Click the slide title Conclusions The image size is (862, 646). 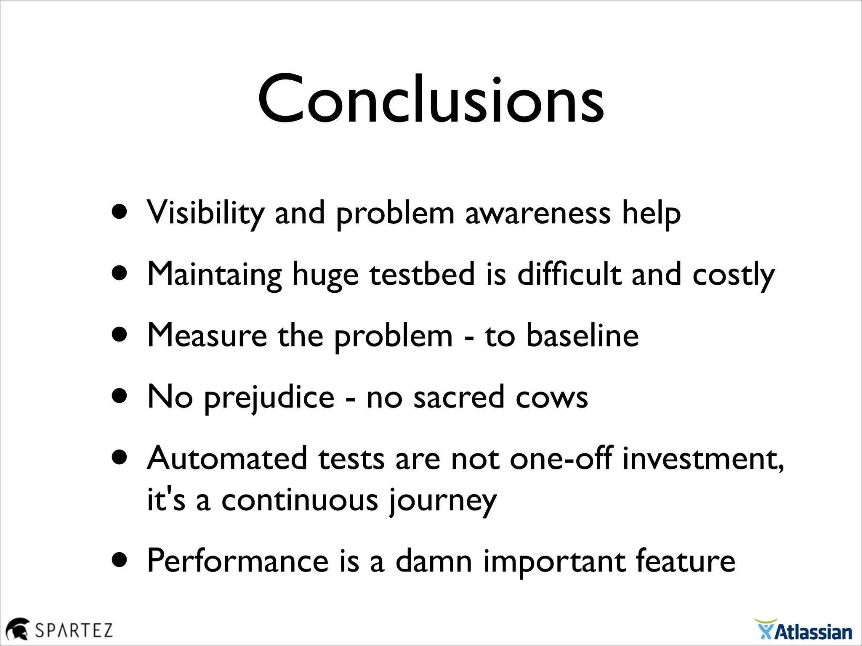tap(431, 99)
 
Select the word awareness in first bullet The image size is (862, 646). tap(537, 213)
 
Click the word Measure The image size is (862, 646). tap(207, 336)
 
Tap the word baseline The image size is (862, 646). tap(582, 336)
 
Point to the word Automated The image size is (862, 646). tap(227, 458)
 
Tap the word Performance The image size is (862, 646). tap(238, 561)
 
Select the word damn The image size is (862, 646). tap(434, 561)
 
